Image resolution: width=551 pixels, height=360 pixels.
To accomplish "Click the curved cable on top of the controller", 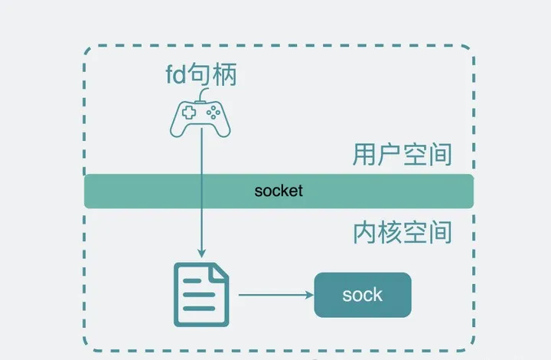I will (x=201, y=97).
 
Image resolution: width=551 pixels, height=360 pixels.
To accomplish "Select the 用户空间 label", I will (x=403, y=155).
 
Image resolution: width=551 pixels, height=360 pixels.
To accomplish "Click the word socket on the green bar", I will (x=279, y=191).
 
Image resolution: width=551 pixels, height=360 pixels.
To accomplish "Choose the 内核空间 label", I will (x=403, y=231).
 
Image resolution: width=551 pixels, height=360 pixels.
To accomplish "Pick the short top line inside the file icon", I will (x=192, y=281).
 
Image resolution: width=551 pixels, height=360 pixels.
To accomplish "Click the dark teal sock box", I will (x=363, y=295).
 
